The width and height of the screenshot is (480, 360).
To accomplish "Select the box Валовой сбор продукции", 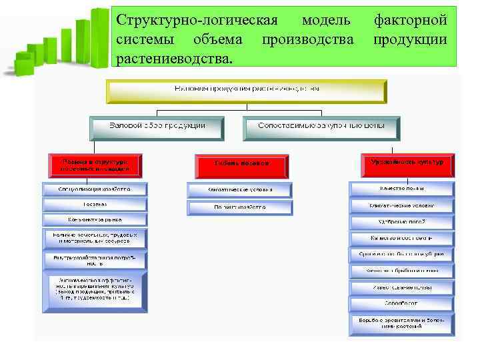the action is tap(157, 126).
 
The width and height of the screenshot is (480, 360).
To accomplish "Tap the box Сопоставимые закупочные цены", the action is tap(322, 126).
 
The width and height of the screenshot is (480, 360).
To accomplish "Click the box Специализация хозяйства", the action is tap(95, 189).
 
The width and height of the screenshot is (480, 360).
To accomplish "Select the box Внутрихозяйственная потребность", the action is tap(95, 258).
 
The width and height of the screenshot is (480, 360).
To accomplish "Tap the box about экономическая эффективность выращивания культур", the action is tap(95, 291).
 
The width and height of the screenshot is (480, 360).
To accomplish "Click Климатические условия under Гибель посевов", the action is tap(240, 190).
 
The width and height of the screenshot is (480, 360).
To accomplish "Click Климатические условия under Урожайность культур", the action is tap(403, 205).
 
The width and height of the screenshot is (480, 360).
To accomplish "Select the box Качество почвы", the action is tap(403, 189).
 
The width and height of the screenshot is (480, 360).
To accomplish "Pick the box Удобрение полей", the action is tap(403, 221).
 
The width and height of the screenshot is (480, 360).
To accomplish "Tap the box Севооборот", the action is tap(403, 304).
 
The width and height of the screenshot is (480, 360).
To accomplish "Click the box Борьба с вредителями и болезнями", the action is tap(403, 325).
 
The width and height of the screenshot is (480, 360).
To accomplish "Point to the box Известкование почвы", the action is tap(403, 287).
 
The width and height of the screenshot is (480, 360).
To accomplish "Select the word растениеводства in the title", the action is tap(175, 58).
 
